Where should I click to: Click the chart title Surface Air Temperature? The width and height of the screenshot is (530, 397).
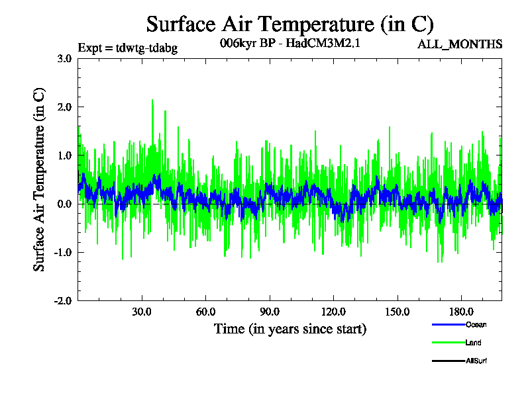tap(290, 24)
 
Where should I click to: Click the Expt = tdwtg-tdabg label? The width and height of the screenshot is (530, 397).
tap(128, 48)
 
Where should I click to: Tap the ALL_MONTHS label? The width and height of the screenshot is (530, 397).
tap(460, 44)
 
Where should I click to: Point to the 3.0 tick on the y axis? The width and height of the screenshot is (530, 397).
tap(64, 58)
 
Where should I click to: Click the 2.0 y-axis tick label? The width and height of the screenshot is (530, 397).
tap(64, 107)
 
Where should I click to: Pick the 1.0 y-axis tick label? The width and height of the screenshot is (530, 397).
tap(64, 155)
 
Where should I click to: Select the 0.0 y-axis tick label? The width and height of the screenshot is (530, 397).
tap(64, 204)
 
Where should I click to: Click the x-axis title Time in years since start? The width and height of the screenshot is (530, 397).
tap(290, 329)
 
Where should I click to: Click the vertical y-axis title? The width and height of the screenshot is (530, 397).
tap(40, 179)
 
